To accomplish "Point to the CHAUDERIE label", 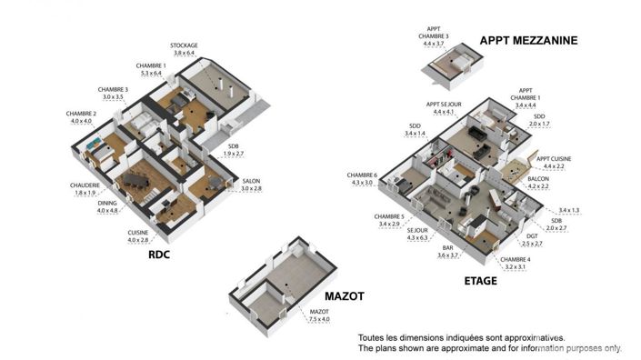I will [85, 185].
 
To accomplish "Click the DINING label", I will [107, 205].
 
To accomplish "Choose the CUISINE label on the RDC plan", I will [138, 233].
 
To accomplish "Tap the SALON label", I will [251, 181].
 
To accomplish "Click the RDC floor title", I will [160, 255].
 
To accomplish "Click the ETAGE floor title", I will [480, 281].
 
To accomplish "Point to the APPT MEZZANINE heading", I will [528, 40].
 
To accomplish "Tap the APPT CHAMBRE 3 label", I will [435, 33].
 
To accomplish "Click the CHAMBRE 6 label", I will [364, 175].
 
